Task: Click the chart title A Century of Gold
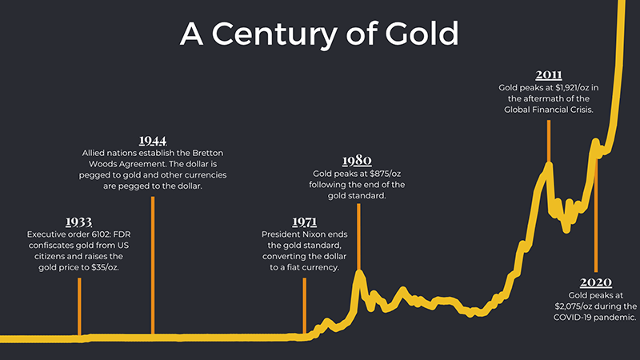[x=320, y=34]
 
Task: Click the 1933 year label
[x=79, y=221]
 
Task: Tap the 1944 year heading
[x=152, y=139]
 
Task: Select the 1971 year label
[x=304, y=221]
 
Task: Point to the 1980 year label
[x=357, y=159]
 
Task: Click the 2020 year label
[x=596, y=282]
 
